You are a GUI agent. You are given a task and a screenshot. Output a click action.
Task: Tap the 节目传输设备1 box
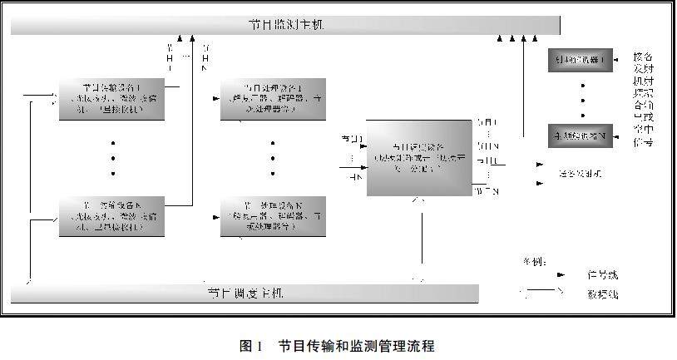[111, 100]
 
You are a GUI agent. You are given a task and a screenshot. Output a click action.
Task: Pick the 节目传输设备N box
[111, 217]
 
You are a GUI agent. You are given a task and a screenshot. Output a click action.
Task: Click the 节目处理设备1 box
[274, 100]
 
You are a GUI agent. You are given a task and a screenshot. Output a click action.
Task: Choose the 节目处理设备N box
[274, 216]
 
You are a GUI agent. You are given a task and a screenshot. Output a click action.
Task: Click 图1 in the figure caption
[250, 345]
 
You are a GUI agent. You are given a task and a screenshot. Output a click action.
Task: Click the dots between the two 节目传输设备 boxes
[112, 158]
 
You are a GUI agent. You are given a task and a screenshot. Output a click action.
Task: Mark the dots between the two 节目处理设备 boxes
[274, 158]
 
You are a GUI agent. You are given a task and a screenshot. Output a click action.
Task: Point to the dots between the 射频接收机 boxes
[582, 99]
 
